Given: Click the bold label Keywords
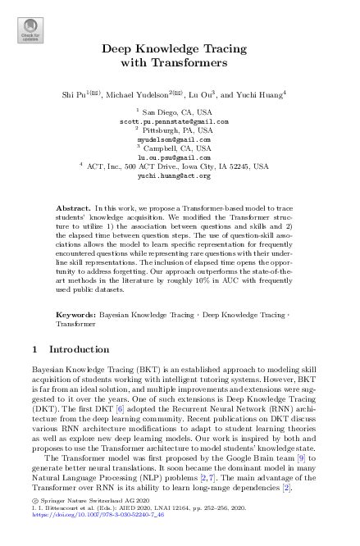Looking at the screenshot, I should click(x=79, y=291).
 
